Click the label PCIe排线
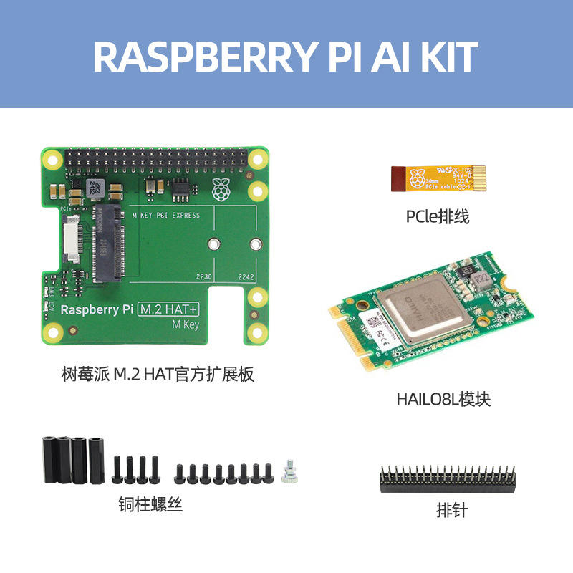[437, 216]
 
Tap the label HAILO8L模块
[443, 399]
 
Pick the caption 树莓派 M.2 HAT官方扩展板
[158, 374]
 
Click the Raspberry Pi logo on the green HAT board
[221, 188]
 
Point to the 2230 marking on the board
[206, 276]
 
